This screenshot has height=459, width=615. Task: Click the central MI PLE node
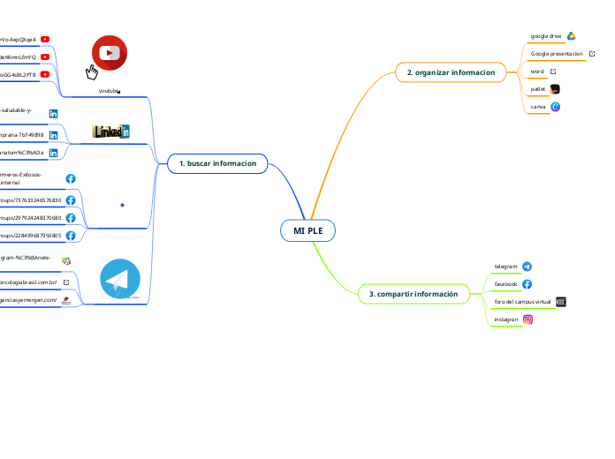[308, 230]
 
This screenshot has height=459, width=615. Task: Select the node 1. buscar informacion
[217, 163]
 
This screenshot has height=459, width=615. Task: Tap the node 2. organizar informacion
[451, 71]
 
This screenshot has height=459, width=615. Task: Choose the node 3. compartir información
[414, 293]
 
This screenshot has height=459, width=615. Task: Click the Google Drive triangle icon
[572, 36]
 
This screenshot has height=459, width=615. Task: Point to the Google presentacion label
[557, 54]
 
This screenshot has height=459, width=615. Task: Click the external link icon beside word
[553, 71]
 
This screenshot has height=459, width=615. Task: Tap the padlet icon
[555, 89]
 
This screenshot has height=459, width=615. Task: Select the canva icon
[555, 107]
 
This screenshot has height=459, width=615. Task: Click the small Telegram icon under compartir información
[528, 266]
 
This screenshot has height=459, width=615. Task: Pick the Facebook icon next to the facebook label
[528, 284]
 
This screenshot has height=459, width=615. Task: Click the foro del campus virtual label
[523, 302]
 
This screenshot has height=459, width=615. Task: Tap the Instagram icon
[528, 320]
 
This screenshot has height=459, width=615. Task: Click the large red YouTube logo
[110, 52]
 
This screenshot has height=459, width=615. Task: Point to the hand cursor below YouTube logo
[91, 72]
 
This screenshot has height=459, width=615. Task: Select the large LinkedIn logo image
[111, 132]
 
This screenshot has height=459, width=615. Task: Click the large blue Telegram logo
[120, 280]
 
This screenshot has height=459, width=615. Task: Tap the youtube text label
[109, 91]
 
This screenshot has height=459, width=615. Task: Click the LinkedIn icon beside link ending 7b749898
[54, 135]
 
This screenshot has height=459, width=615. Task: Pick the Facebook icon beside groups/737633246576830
[71, 200]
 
